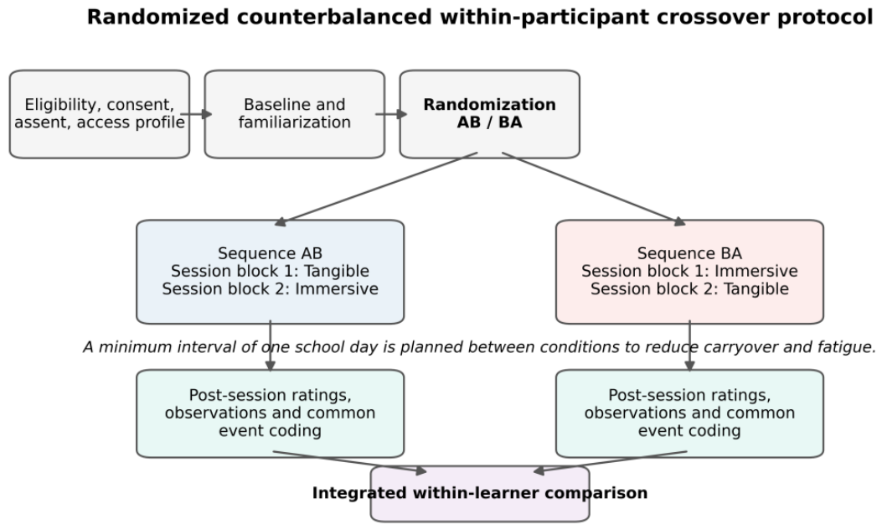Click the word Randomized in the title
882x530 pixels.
[x=158, y=17]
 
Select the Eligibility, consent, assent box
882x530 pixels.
[x=100, y=114]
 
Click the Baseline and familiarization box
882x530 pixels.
[x=295, y=114]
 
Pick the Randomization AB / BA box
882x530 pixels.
[x=490, y=114]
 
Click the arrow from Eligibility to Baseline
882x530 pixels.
[x=196, y=114]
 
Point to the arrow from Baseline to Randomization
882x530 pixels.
[x=391, y=114]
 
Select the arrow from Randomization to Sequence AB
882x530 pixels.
[x=376, y=189]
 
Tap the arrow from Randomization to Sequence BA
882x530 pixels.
[x=594, y=189]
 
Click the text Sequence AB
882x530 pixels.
[x=270, y=253]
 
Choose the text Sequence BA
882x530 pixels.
[x=689, y=253]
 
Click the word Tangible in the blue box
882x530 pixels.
[x=336, y=272]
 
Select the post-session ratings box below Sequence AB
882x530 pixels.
[x=270, y=413]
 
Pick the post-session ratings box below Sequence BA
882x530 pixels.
[x=689, y=413]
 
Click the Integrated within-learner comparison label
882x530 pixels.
[x=480, y=493]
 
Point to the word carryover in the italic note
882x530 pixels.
[x=712, y=347]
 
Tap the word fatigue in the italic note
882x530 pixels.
[x=846, y=347]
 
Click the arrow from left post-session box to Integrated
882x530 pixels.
[x=350, y=462]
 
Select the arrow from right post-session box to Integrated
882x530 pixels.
[x=610, y=462]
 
